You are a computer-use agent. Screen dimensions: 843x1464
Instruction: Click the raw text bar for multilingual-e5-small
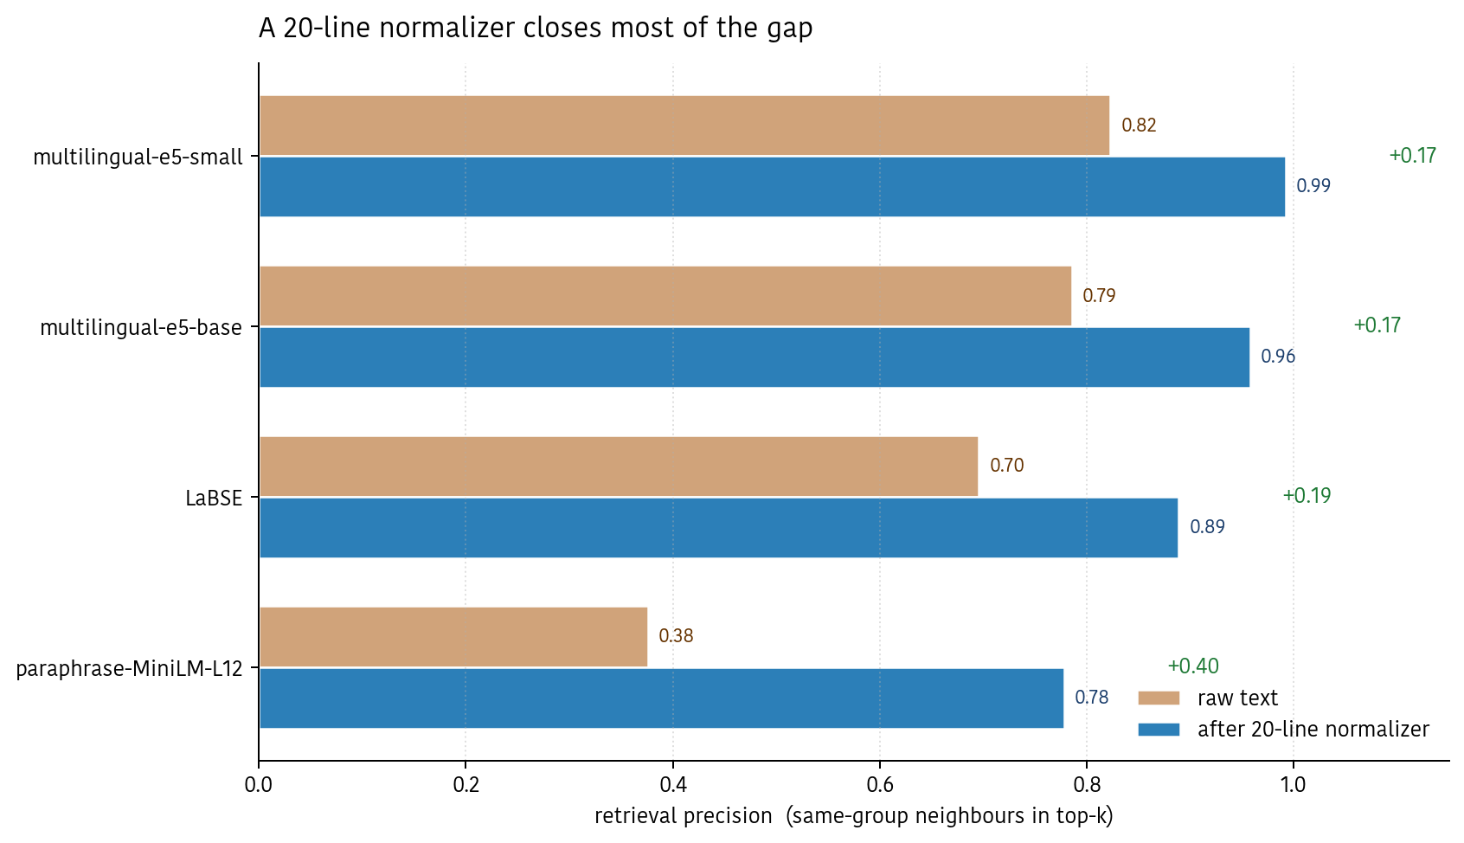pos(684,125)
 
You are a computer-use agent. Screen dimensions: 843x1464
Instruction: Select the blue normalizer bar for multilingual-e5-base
pos(754,357)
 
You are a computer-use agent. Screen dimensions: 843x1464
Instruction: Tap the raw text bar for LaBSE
pos(618,467)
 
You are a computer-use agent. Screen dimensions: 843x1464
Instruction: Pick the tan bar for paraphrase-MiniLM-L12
pos(453,637)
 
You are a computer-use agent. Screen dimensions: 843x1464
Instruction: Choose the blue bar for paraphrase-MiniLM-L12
pos(661,698)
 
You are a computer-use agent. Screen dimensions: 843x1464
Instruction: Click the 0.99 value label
pos(1313,186)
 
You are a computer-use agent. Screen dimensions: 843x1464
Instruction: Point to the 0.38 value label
pos(676,636)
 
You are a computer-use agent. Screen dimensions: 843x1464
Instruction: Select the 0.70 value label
pos(1006,466)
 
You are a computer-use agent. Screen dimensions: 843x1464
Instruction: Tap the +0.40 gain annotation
pos(1192,666)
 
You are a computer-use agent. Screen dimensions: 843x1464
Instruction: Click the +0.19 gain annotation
pos(1307,496)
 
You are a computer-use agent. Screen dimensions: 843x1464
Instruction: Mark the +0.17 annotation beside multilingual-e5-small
pos(1412,156)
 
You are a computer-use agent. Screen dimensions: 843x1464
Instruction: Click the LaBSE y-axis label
pos(214,499)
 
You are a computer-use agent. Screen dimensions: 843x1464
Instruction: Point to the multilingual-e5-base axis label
pos(141,328)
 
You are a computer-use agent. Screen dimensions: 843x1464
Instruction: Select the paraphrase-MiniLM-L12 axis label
pos(130,669)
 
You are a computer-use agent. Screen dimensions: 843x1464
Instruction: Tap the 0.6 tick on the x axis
pos(879,785)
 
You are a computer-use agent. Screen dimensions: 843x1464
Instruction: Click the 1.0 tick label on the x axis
pos(1293,785)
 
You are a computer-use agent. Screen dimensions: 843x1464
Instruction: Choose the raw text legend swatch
pos(1159,698)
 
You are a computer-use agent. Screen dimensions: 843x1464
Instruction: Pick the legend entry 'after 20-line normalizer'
pos(1313,730)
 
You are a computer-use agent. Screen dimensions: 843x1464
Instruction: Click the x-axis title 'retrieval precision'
pos(683,816)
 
